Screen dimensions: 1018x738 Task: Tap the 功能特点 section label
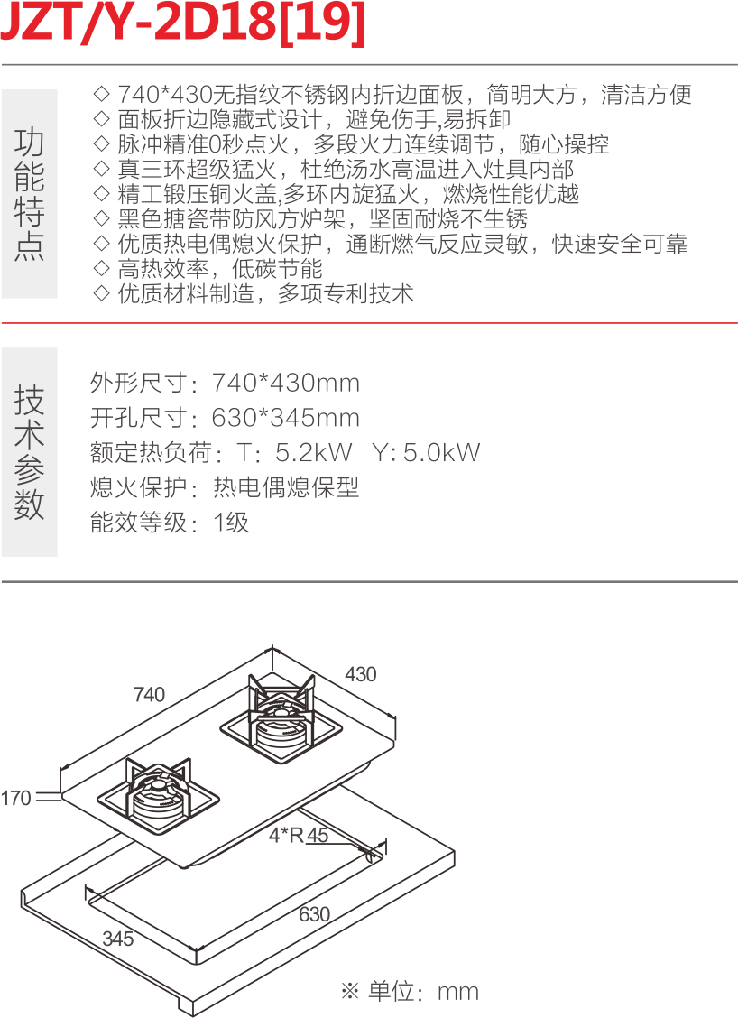click(30, 193)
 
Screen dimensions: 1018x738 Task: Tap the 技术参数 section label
click(30, 451)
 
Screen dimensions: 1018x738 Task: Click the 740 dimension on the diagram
click(149, 694)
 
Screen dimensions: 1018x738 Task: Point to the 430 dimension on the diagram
click(360, 674)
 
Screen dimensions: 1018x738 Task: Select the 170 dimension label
click(15, 798)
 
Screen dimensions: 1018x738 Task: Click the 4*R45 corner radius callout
click(299, 835)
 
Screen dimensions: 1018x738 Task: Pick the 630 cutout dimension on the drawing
click(314, 913)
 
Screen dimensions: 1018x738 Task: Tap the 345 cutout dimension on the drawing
click(117, 938)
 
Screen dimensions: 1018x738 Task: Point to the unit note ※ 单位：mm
click(410, 991)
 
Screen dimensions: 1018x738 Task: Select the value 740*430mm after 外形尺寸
click(285, 383)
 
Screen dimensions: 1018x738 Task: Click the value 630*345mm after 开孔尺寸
click(285, 418)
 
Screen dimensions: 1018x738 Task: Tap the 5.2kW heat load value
click(314, 452)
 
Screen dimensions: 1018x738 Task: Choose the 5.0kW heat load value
click(441, 452)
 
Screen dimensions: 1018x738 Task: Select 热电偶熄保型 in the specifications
click(285, 487)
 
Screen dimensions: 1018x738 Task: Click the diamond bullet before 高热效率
click(101, 269)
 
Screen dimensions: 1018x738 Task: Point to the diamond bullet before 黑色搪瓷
click(101, 219)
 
